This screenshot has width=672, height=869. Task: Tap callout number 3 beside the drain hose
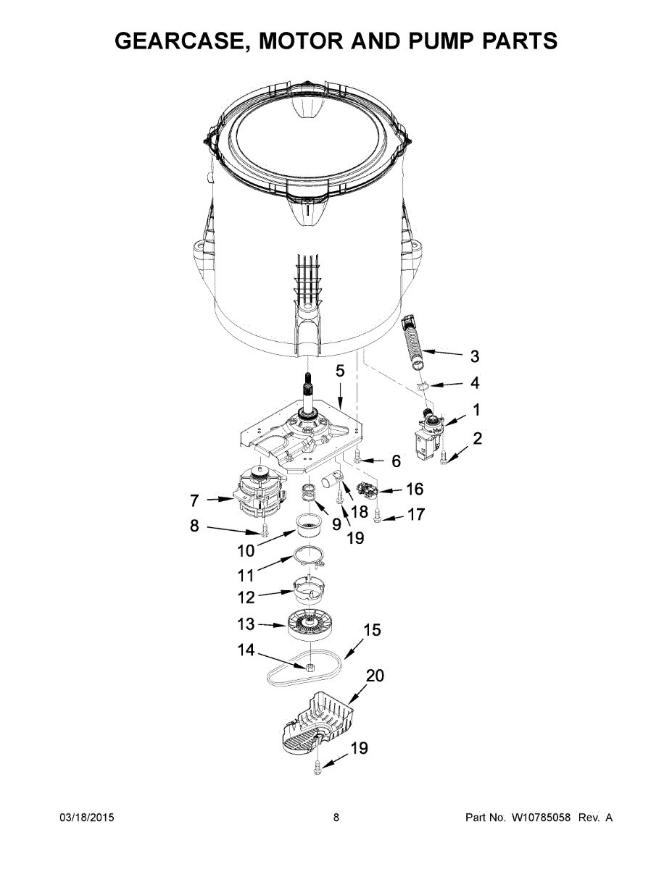pyautogui.click(x=475, y=356)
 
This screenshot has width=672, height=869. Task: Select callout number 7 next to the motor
pyautogui.click(x=194, y=500)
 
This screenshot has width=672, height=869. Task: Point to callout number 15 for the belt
pyautogui.click(x=371, y=631)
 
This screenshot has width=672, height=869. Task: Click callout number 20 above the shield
pyautogui.click(x=375, y=676)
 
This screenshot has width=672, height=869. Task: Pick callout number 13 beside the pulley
pyautogui.click(x=246, y=624)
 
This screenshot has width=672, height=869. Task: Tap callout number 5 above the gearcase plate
pyautogui.click(x=339, y=371)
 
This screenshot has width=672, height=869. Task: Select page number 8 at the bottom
pyautogui.click(x=336, y=818)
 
